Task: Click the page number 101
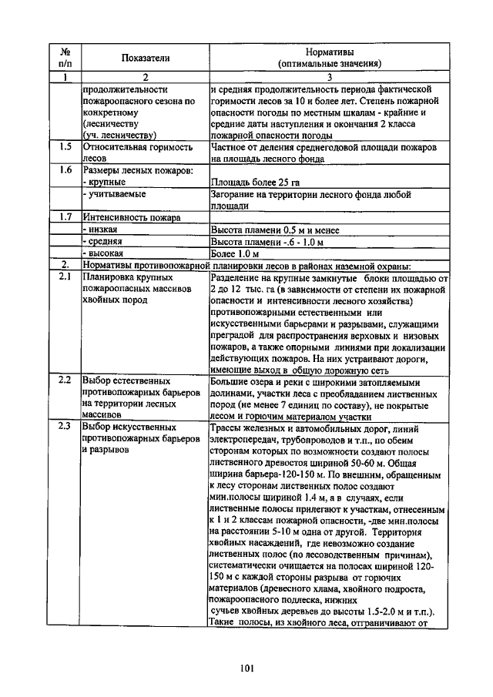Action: click(x=246, y=668)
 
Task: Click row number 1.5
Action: click(x=65, y=146)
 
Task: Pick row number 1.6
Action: click(x=65, y=170)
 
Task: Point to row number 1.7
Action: click(x=65, y=217)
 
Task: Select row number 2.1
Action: click(x=65, y=276)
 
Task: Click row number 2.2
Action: click(x=65, y=380)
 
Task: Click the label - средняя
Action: click(x=103, y=241)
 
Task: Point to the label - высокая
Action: click(x=104, y=253)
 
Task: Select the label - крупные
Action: click(x=104, y=183)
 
